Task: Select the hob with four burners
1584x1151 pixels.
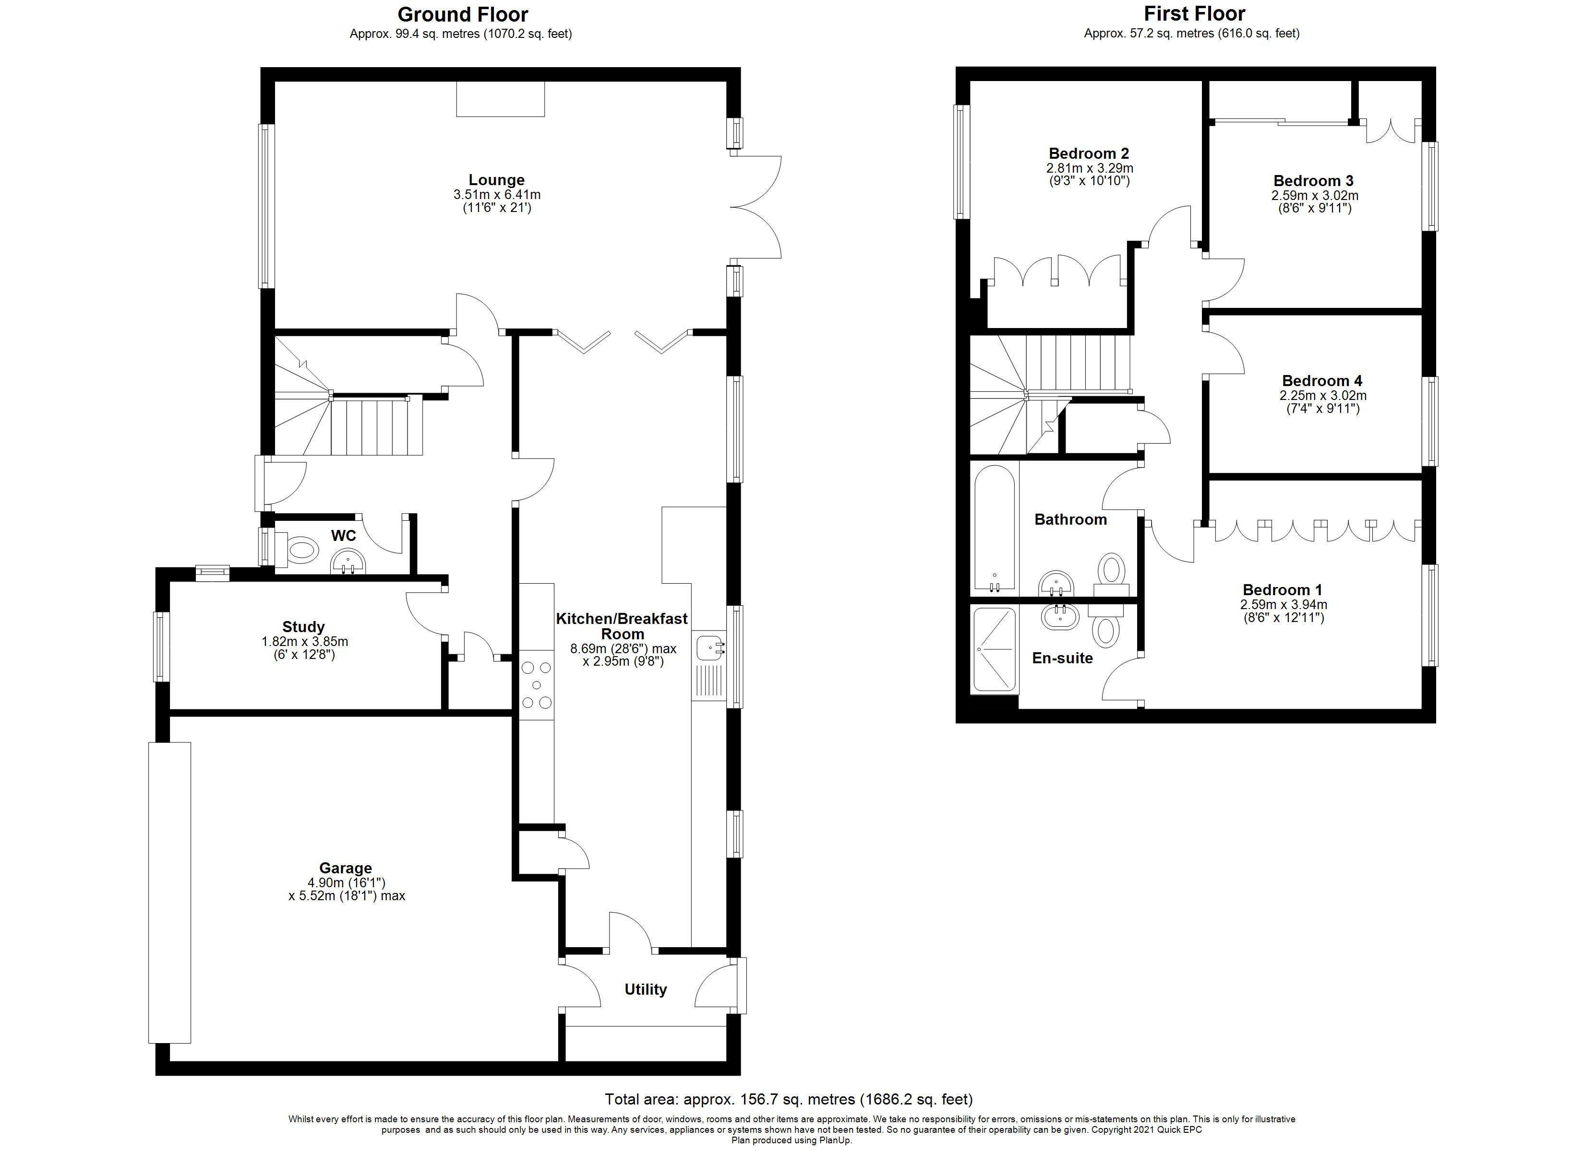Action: click(x=536, y=685)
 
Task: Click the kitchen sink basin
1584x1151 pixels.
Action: click(x=709, y=647)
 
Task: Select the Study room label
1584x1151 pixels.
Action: click(x=303, y=626)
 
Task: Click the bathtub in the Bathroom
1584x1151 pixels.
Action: click(x=995, y=527)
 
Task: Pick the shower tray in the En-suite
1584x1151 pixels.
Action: click(x=995, y=649)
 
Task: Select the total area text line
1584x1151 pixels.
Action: click(x=789, y=1099)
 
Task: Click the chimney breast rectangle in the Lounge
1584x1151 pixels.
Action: click(x=500, y=98)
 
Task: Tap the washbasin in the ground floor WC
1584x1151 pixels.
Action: click(x=348, y=561)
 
